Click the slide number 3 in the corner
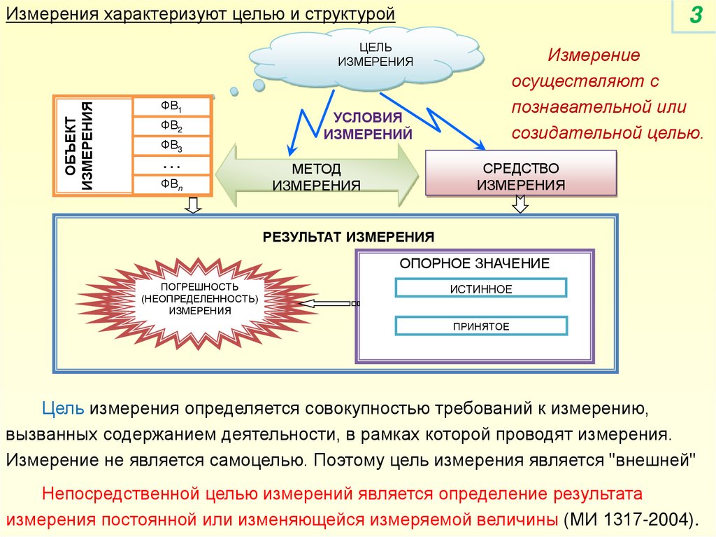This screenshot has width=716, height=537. pyautogui.click(x=695, y=15)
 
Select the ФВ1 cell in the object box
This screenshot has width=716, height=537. pyautogui.click(x=172, y=107)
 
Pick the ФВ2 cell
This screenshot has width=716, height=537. pyautogui.click(x=172, y=127)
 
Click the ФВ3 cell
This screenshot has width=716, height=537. pyautogui.click(x=172, y=146)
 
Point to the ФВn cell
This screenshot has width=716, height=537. pyautogui.click(x=172, y=185)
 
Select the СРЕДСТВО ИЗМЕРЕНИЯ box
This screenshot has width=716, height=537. pyautogui.click(x=520, y=176)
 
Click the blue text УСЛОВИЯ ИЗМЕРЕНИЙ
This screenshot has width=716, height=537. pyautogui.click(x=367, y=125)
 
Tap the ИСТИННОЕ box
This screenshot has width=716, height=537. pyautogui.click(x=481, y=288)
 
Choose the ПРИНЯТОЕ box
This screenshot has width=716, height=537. pyautogui.click(x=481, y=326)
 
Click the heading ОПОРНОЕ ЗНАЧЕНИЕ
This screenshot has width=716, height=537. pyautogui.click(x=474, y=263)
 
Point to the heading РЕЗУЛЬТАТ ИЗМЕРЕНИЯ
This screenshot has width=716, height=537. pyautogui.click(x=348, y=237)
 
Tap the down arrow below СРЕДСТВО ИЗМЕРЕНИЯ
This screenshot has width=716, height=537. pyautogui.click(x=520, y=205)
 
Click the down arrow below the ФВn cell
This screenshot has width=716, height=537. pyautogui.click(x=194, y=205)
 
